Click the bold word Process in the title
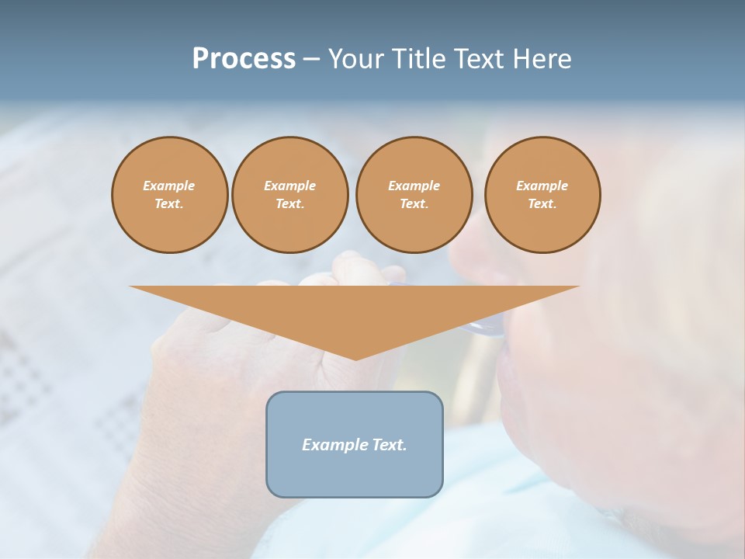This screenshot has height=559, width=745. (244, 59)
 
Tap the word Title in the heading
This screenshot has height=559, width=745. (419, 59)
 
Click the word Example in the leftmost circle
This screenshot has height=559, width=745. (169, 186)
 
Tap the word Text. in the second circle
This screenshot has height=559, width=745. (289, 203)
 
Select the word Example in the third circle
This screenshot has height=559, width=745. (414, 186)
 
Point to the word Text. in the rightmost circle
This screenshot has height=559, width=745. (542, 203)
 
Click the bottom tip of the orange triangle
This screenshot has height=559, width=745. (355, 358)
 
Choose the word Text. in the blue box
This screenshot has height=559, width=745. (390, 445)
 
